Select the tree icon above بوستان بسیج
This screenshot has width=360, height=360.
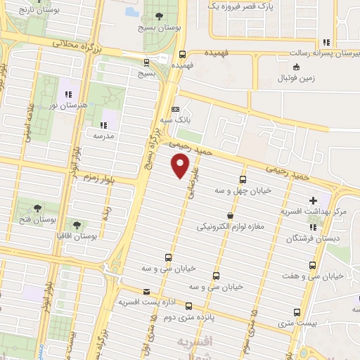(x=159, y=16)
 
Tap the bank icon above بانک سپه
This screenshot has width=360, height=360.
(x=175, y=109)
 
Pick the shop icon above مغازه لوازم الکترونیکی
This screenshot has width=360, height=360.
(x=231, y=216)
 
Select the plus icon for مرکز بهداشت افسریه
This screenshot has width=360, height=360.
(x=313, y=201)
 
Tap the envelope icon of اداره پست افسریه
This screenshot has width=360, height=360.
(x=146, y=292)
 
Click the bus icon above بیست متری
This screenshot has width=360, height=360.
(x=297, y=311)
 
